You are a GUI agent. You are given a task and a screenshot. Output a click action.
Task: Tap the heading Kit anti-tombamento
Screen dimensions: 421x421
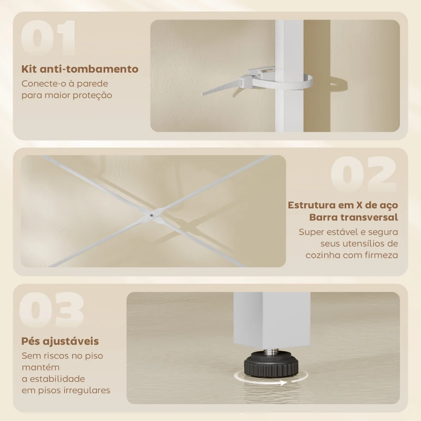click(80, 69)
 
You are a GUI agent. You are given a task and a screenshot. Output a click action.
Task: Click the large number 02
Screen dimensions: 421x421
click(364, 174)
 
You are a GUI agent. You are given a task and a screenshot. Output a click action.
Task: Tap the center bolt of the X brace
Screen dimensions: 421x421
click(152, 215)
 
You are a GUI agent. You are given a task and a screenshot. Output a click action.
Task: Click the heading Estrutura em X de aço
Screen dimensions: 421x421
click(343, 205)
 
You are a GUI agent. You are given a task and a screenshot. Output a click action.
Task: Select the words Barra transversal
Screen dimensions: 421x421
click(354, 217)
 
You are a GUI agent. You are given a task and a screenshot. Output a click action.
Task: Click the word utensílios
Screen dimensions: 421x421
click(363, 243)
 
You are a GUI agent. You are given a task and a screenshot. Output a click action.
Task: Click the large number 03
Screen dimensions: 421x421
click(51, 310)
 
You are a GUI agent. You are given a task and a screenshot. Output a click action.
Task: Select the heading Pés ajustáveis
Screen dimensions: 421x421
click(60, 341)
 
